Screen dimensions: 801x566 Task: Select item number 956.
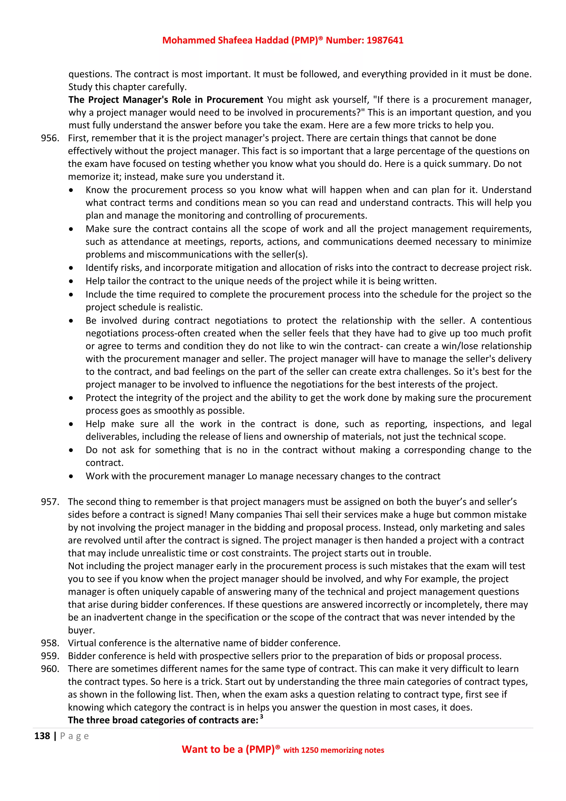(x=50, y=138)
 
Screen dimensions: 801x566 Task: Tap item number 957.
(x=50, y=502)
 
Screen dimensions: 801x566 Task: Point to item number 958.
(x=50, y=643)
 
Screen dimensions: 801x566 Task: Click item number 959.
(x=50, y=656)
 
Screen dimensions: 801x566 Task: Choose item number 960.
(x=50, y=669)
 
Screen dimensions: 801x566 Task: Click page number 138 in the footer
(x=42, y=736)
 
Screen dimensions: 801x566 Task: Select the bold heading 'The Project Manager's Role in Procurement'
(x=166, y=100)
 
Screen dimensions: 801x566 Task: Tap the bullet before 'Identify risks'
(x=71, y=268)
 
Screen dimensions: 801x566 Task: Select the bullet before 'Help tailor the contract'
(x=71, y=282)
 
